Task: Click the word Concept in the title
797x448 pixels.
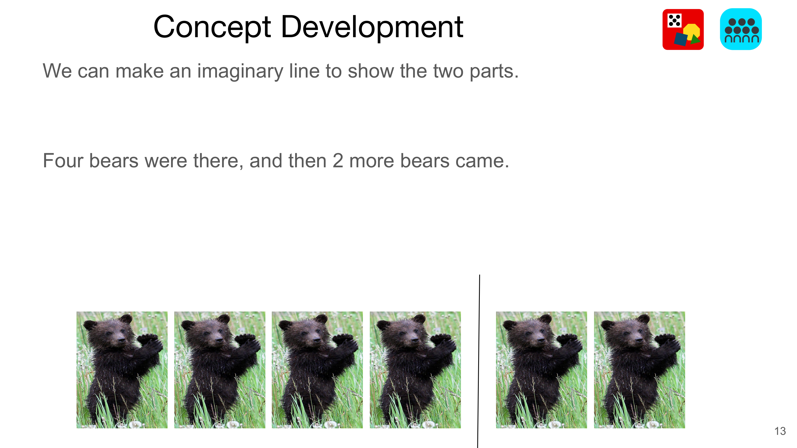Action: pos(212,28)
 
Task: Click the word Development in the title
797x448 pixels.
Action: pos(372,28)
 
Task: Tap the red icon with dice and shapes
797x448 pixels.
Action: pos(683,29)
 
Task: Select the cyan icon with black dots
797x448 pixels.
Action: pos(741,29)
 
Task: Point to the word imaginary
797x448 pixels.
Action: pos(240,72)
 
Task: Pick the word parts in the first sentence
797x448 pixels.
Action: pos(494,72)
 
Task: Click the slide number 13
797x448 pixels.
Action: pos(780,431)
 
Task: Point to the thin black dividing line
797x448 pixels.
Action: pos(479,361)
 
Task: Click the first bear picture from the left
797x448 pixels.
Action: pos(122,370)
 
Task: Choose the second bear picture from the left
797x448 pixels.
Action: pos(220,370)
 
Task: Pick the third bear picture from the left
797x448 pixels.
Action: pos(317,370)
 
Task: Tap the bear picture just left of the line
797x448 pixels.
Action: pos(415,370)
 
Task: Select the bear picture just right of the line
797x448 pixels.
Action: pos(541,370)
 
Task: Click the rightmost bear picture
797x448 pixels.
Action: pos(639,370)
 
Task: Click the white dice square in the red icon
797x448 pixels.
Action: pos(675,20)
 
